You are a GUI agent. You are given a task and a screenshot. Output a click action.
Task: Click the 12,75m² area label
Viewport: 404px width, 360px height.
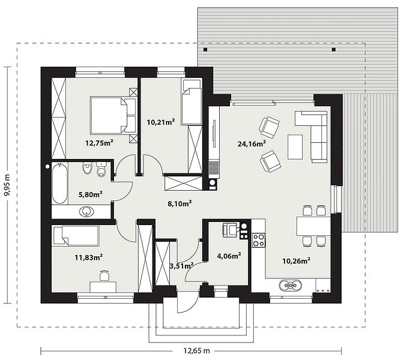(100, 143)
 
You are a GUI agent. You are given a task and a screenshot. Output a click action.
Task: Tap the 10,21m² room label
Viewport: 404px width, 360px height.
(161, 122)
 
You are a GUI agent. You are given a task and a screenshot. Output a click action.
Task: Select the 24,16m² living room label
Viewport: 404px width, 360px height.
(252, 143)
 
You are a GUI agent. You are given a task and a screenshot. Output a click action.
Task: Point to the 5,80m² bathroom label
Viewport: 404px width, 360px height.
(91, 194)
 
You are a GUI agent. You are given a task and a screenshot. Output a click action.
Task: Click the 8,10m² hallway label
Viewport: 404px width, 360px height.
(179, 203)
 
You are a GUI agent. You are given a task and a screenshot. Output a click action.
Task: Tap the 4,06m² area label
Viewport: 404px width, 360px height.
(229, 256)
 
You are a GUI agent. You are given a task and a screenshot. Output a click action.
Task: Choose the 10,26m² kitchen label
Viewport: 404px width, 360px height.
(296, 261)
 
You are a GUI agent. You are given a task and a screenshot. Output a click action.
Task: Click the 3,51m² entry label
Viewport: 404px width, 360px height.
(182, 266)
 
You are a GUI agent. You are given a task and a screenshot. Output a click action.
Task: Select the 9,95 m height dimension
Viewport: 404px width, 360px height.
(7, 185)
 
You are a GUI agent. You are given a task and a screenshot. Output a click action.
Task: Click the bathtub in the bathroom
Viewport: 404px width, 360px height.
(60, 183)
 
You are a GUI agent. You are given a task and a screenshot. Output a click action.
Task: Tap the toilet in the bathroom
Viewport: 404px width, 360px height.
(101, 169)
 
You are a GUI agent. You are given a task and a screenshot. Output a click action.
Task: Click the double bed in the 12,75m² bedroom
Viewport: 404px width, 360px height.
(113, 115)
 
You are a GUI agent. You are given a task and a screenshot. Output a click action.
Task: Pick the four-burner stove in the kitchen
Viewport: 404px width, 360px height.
(258, 240)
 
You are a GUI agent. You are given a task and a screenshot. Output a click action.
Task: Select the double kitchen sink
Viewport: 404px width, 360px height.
(291, 286)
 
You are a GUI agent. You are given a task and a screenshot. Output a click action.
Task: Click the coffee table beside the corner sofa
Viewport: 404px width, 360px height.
(295, 147)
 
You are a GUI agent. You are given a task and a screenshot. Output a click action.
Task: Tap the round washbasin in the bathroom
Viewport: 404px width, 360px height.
(86, 212)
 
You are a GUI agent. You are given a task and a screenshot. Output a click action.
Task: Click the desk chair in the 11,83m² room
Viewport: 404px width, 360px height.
(104, 275)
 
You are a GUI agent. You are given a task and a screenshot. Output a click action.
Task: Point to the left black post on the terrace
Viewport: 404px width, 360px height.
(205, 49)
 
